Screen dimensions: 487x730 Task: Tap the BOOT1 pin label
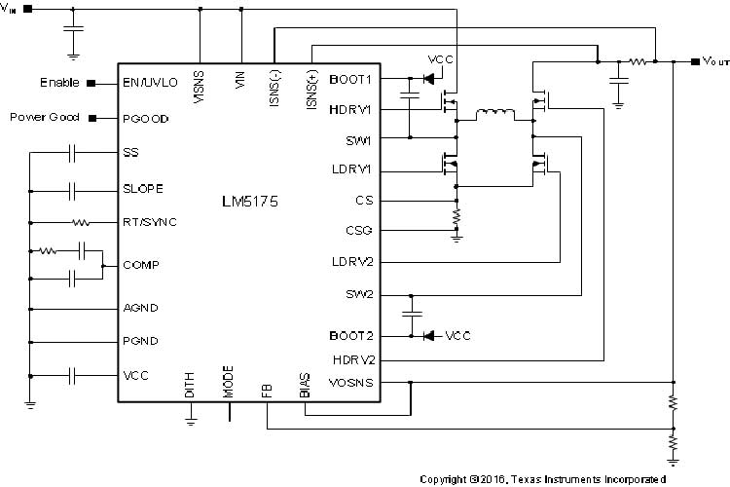350,78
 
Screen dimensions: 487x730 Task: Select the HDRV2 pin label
351,360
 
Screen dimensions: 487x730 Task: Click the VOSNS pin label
350,383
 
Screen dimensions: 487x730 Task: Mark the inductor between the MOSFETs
493,117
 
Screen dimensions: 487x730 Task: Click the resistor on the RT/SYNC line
81,222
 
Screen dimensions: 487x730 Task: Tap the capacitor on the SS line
72,153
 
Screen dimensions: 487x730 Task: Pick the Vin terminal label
10,9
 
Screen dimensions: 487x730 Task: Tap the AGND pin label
141,308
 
